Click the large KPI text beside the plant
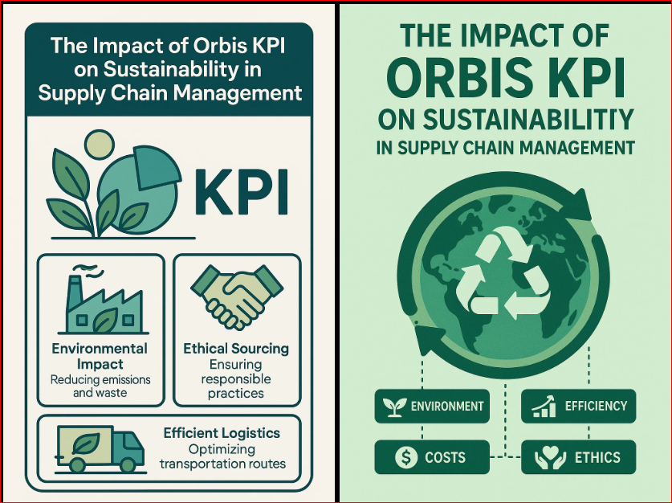[x=242, y=192]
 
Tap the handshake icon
[x=237, y=296]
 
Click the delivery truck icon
[x=100, y=449]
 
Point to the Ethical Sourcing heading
[x=236, y=348]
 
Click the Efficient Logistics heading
[x=222, y=432]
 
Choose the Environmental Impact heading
[x=100, y=356]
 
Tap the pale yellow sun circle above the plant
[x=100, y=145]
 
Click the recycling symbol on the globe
[x=503, y=272]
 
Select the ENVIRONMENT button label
[x=447, y=406]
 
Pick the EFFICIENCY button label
[x=596, y=406]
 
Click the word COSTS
[x=445, y=457]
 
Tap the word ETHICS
[x=597, y=457]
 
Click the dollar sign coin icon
[x=405, y=457]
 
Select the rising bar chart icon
[x=544, y=406]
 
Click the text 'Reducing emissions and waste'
[x=100, y=386]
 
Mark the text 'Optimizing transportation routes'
[x=222, y=456]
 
